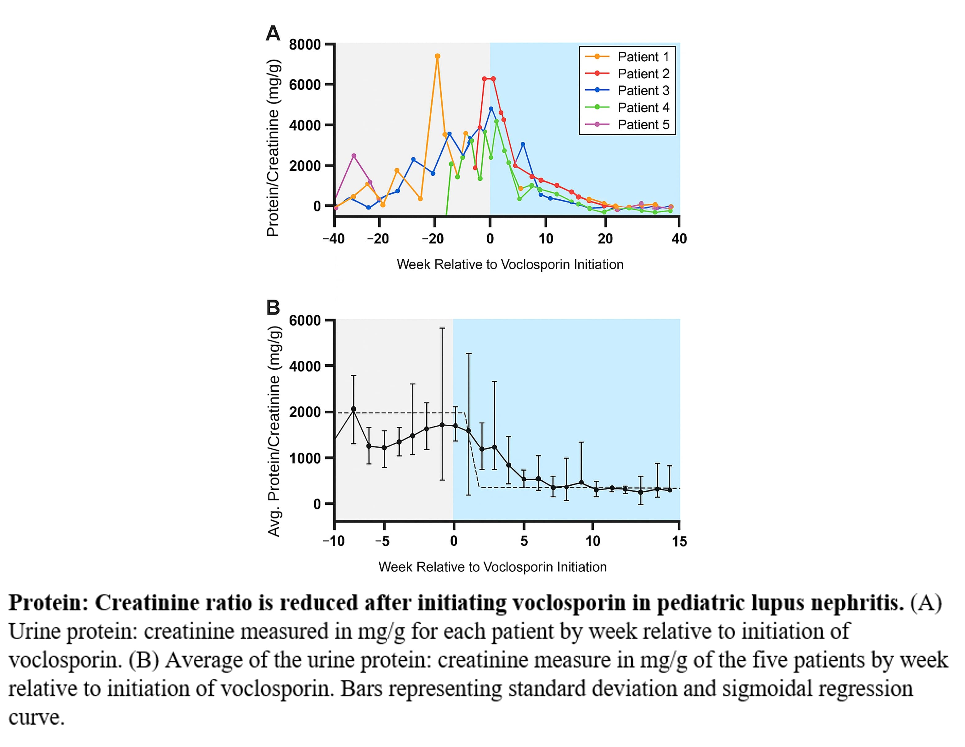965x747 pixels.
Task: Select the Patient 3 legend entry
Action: tap(643, 91)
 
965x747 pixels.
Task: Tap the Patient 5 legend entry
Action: tap(643, 124)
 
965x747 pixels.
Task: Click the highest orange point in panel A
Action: tap(437, 56)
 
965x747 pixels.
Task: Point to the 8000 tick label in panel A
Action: tap(304, 45)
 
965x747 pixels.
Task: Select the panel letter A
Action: tap(273, 33)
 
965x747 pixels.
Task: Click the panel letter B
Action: tap(273, 308)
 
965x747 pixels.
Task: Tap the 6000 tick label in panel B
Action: tap(304, 320)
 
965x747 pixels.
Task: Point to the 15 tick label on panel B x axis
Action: tap(679, 541)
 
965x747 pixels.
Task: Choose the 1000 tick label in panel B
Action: tap(304, 458)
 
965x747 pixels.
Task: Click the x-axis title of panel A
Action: tap(510, 264)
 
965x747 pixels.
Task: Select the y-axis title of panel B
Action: tap(274, 431)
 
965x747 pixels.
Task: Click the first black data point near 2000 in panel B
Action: tap(353, 409)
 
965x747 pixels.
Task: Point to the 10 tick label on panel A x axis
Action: tap(546, 239)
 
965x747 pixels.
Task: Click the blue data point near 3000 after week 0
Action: tap(523, 144)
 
